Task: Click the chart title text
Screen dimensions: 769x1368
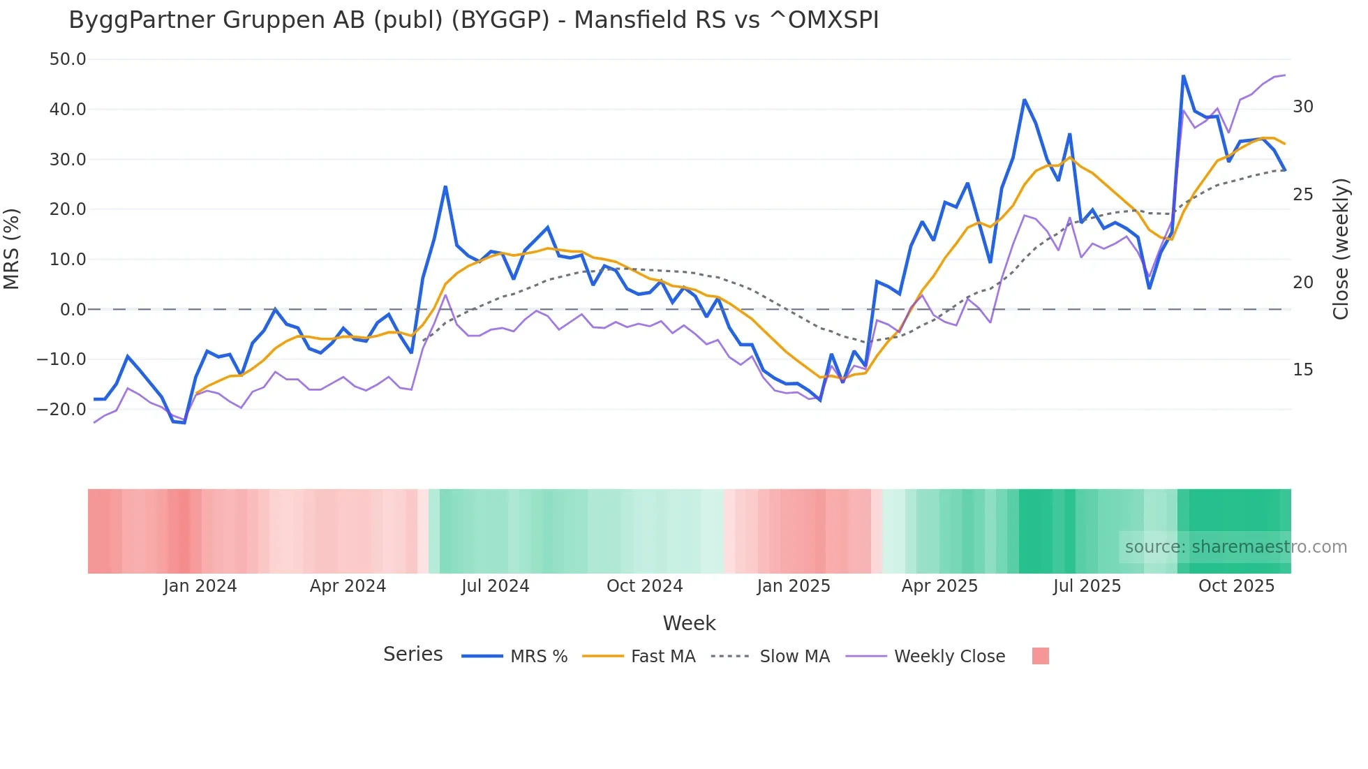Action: (x=473, y=20)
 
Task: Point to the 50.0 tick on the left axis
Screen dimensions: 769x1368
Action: (x=68, y=59)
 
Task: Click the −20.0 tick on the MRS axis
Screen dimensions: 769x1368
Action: (x=61, y=410)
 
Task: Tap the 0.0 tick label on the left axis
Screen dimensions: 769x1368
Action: (x=73, y=310)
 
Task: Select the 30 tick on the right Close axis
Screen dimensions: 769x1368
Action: (x=1302, y=107)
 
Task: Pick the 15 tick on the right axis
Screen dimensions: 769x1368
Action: (x=1302, y=370)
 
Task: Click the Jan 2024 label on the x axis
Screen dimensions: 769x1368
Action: (x=200, y=586)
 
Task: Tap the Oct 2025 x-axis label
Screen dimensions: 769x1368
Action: (x=1236, y=586)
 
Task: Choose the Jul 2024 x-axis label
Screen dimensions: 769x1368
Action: (x=495, y=586)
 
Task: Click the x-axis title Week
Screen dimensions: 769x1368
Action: (x=689, y=623)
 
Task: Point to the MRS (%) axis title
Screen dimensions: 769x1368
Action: (x=12, y=249)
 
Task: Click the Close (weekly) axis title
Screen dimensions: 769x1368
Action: (x=1340, y=249)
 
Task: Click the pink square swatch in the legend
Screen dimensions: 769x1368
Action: (x=1040, y=656)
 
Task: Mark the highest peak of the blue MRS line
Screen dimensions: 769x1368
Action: (x=1183, y=76)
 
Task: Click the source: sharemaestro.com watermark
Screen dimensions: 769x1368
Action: (x=1235, y=547)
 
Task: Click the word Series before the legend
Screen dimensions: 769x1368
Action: (x=412, y=655)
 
